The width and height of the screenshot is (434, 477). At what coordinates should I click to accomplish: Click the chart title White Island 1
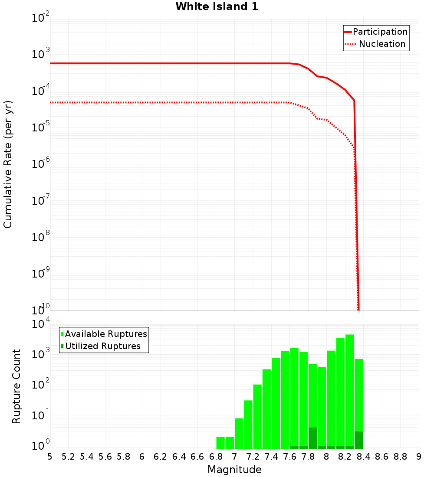[x=217, y=7]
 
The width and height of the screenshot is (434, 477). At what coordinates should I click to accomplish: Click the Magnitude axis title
[x=234, y=470]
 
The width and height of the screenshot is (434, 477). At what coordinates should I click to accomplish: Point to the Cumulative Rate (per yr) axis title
[x=8, y=164]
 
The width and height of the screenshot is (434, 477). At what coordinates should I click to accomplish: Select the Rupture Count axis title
[x=16, y=386]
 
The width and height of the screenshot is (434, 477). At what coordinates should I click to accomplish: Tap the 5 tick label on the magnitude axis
[x=50, y=457]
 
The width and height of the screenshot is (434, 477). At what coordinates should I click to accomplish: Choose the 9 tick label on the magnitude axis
[x=418, y=457]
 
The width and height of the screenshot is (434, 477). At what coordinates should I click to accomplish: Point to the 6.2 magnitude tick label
[x=161, y=457]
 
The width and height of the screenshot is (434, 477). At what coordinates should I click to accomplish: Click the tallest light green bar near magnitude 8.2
[x=349, y=390]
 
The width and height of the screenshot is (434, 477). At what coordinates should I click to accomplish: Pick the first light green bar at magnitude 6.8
[x=220, y=443]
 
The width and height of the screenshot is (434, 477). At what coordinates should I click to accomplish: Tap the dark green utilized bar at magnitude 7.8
[x=312, y=438]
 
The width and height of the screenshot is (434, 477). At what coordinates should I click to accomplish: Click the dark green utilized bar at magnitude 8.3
[x=358, y=440]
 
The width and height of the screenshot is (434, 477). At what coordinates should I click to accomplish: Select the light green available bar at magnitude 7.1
[x=248, y=425]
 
